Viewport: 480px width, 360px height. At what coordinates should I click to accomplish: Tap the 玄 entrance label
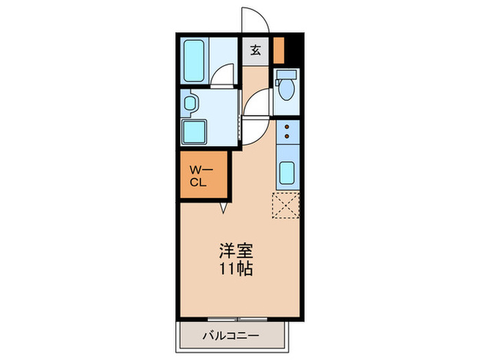[x=255, y=50]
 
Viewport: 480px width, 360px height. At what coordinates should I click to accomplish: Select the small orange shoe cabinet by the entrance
[x=278, y=48]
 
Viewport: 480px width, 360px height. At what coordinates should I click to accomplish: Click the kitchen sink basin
[x=287, y=173]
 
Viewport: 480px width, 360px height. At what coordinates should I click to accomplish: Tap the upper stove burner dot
[x=286, y=127]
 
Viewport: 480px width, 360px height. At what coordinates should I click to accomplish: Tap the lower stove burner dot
[x=286, y=136]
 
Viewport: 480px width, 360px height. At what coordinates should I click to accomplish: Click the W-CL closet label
[x=198, y=176]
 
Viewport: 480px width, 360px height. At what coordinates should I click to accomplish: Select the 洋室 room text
[x=235, y=249]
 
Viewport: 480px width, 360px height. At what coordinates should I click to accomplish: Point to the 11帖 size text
[x=235, y=268]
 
